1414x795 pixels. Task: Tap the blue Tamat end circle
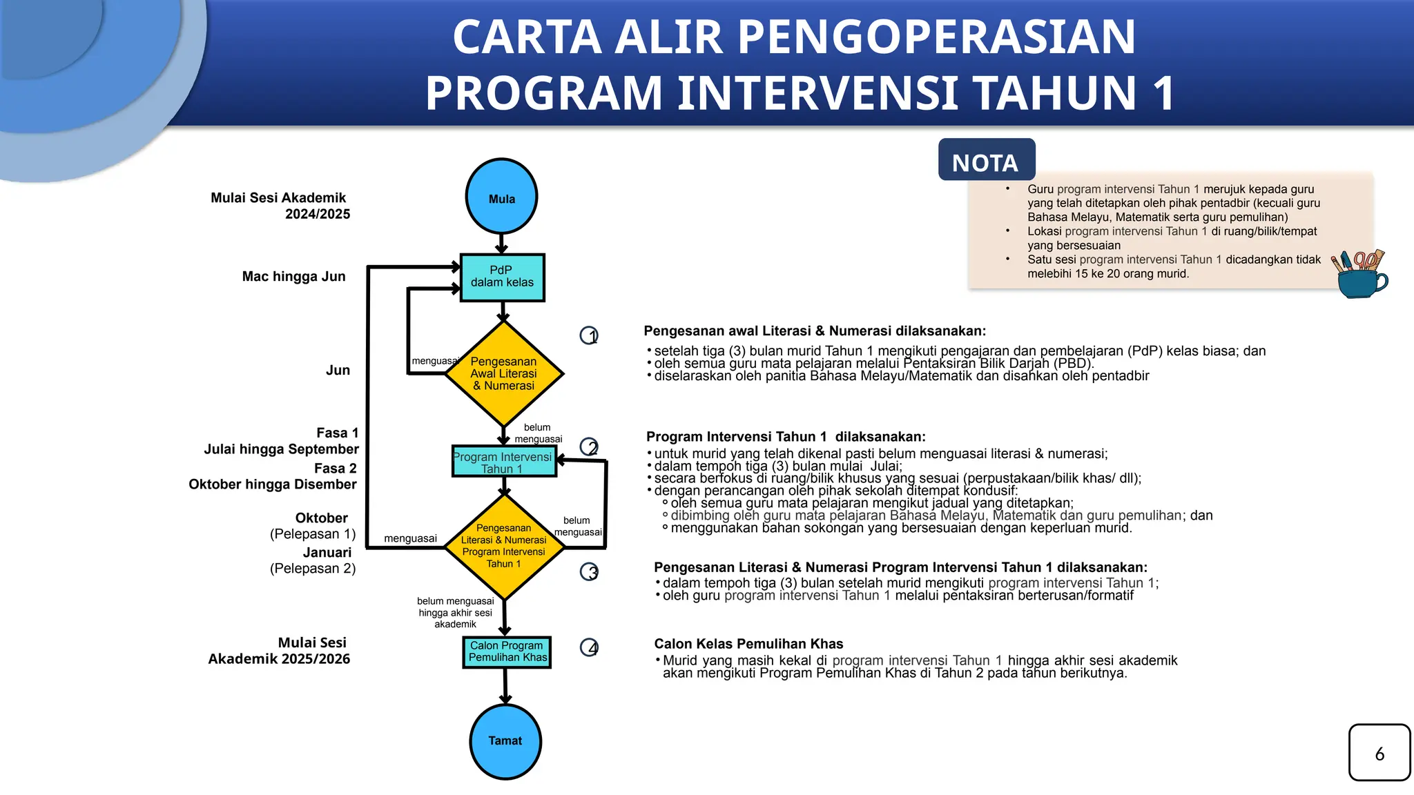click(x=505, y=741)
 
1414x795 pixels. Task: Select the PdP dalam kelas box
click(x=502, y=277)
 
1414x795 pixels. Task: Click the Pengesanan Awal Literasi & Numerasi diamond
click(x=504, y=373)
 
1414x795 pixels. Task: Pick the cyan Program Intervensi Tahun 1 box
click(x=504, y=462)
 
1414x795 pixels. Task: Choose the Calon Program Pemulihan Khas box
click(x=507, y=651)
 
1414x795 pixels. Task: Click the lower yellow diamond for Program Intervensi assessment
click(x=504, y=547)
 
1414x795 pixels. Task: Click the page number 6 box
click(x=1379, y=753)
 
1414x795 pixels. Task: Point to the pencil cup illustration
click(x=1360, y=274)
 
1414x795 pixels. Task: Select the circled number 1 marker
click(x=589, y=335)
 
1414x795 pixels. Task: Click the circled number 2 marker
click(x=589, y=447)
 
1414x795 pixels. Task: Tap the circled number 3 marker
click(x=589, y=571)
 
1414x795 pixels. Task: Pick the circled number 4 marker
click(x=589, y=647)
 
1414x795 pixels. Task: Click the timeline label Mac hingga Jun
click(x=293, y=277)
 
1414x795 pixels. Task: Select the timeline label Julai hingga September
click(x=281, y=449)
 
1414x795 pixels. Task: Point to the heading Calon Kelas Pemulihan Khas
click(x=748, y=644)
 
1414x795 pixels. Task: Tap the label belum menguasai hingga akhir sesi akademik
click(x=455, y=613)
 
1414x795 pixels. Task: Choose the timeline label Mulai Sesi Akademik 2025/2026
click(x=280, y=651)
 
